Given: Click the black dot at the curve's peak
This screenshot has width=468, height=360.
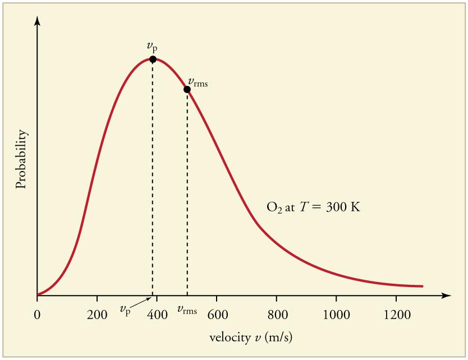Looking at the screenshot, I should point(153,59).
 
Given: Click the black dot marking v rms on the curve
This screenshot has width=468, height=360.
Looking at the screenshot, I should point(187,89).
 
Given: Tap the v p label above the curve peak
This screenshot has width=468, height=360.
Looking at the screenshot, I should point(152,47).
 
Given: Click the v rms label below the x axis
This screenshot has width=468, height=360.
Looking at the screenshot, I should point(187,309).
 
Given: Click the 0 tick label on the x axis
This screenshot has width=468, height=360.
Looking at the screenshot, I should point(37,313).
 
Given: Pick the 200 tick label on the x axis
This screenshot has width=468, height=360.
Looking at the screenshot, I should point(97,313).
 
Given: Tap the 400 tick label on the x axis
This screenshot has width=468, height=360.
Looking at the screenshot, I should point(157,313).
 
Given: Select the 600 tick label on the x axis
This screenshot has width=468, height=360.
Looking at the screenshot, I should point(217,313).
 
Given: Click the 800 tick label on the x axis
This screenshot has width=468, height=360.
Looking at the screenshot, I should point(277,313).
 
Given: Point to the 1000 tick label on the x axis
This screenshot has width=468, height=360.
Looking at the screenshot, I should point(336,313).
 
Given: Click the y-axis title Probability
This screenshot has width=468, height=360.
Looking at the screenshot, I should point(21,159).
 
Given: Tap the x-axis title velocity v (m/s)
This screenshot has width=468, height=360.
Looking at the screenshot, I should point(251,338).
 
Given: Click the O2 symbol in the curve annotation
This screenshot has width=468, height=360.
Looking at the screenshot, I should point(273,207).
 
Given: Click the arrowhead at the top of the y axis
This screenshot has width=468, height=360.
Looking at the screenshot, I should point(37,20).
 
